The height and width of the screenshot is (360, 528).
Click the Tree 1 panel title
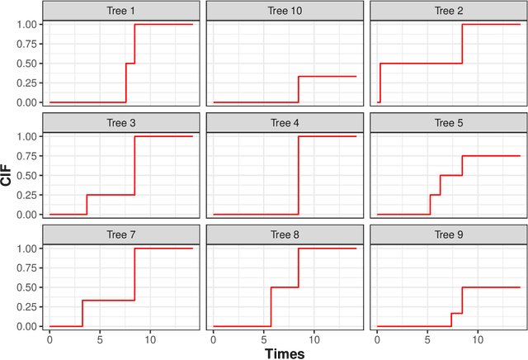121,10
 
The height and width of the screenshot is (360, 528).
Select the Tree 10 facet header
285,10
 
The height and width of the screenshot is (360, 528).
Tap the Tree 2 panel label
448,10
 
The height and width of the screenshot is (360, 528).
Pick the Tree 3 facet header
121,122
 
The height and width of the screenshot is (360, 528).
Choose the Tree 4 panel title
285,122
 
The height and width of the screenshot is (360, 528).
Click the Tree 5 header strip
448,122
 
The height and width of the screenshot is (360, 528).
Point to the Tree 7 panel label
121,234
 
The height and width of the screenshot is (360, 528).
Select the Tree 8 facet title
285,234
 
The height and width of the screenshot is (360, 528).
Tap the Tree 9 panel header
448,234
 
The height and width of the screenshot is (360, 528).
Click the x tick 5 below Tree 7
100,338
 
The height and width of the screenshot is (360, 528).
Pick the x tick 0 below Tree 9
378,338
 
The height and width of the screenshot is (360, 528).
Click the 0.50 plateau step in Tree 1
130,64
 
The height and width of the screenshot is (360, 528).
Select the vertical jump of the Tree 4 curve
298,175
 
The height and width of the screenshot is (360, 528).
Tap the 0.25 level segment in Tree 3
111,195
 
